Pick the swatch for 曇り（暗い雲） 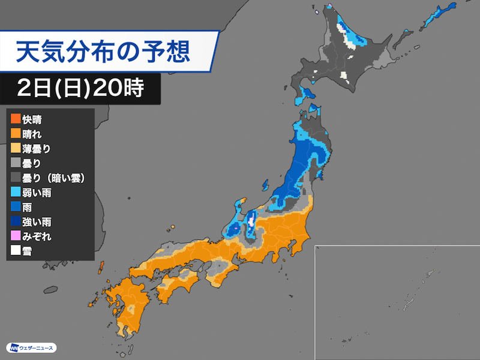[x=16, y=178]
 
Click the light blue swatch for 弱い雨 [x=16, y=192]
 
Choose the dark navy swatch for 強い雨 [x=16, y=221]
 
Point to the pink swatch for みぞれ [x=16, y=236]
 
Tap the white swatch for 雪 [x=16, y=251]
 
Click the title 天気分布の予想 [x=103, y=51]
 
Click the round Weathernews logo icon [x=13, y=348]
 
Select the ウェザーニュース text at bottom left [x=37, y=349]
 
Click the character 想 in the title [x=178, y=51]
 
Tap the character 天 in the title [x=28, y=51]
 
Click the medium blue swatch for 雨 [x=16, y=207]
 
